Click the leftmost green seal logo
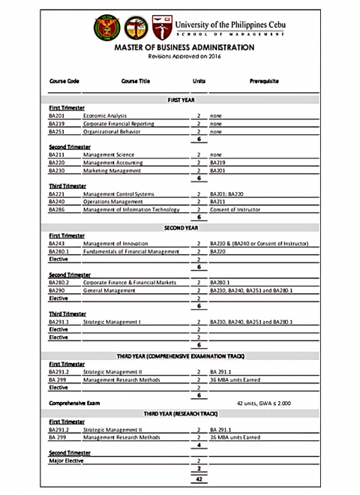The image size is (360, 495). tap(106, 28)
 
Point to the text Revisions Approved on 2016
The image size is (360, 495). tap(180, 56)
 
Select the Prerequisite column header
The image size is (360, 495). tap(261, 80)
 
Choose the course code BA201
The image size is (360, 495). tap(57, 116)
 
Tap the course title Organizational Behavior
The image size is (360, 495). tap(115, 131)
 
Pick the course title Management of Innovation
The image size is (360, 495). tap(117, 244)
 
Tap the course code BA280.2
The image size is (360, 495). tap(59, 283)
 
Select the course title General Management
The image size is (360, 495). tap(109, 290)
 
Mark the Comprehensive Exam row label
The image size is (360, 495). tap(74, 403)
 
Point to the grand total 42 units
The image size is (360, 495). tap(198, 478)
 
